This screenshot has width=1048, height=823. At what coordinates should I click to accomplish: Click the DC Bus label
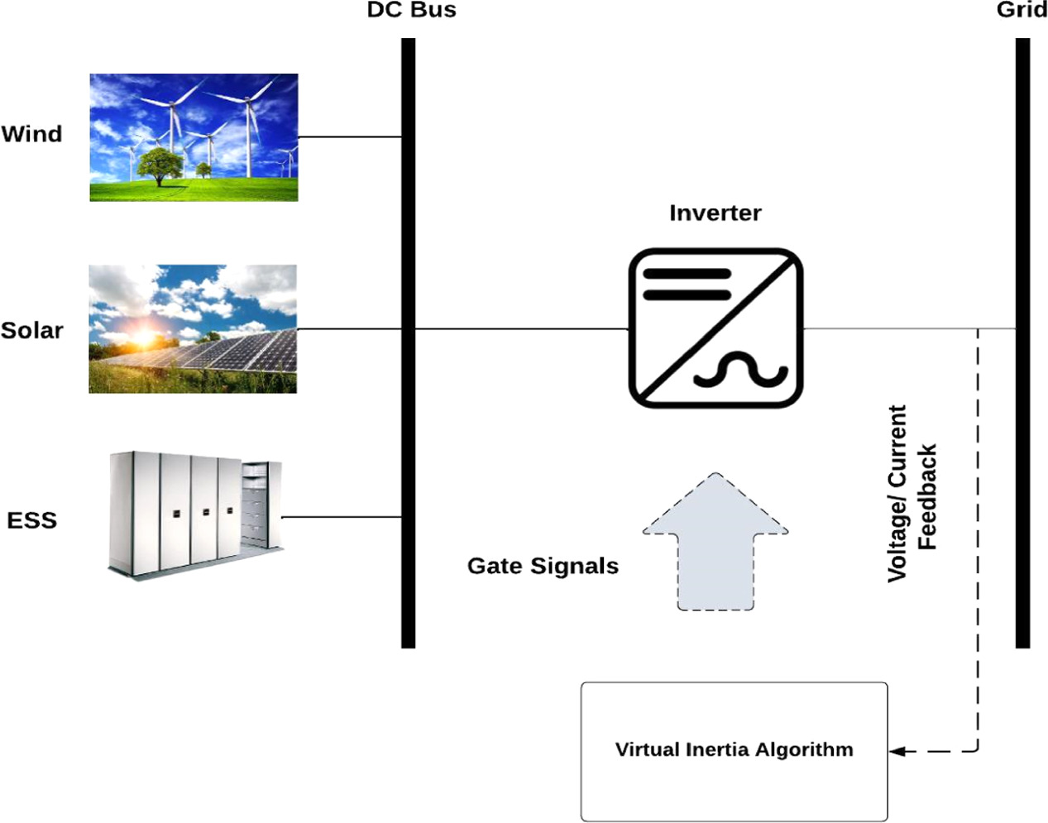click(411, 10)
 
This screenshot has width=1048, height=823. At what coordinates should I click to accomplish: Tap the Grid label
click(1021, 10)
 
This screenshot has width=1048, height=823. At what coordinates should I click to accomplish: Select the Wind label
click(31, 134)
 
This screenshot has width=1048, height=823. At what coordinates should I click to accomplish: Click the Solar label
click(31, 330)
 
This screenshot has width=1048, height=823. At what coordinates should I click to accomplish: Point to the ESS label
click(31, 520)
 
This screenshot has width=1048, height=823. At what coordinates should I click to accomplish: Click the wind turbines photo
click(194, 137)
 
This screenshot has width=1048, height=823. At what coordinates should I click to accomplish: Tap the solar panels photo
click(193, 328)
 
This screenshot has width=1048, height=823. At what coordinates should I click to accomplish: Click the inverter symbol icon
click(715, 328)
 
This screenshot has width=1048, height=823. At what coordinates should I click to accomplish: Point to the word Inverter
click(715, 213)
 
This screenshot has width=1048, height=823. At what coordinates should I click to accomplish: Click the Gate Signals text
click(543, 566)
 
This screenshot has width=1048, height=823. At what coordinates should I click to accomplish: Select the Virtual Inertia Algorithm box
click(734, 750)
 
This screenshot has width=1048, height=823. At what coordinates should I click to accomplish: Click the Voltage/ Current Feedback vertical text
click(912, 494)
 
